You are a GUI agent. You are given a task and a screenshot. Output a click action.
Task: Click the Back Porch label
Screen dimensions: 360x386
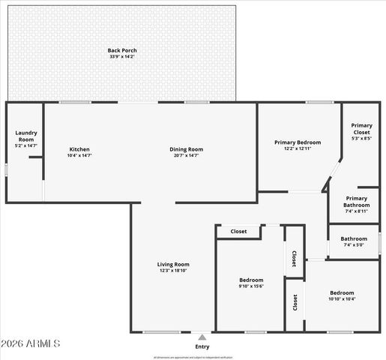coord(122,50)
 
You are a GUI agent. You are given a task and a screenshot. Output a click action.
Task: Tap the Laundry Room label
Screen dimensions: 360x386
coord(26,136)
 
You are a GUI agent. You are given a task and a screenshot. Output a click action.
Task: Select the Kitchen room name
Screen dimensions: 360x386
coord(79,148)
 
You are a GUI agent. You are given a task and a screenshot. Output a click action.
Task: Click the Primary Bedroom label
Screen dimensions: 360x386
coord(297,142)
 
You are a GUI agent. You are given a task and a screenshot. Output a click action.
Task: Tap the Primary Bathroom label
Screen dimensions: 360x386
coord(356,201)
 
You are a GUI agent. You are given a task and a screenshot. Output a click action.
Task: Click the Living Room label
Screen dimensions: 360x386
coord(172,264)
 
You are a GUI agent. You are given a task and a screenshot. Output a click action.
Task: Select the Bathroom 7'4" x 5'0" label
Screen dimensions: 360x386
coord(355,238)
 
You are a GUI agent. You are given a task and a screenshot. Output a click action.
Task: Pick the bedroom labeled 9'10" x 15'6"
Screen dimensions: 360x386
coord(251,279)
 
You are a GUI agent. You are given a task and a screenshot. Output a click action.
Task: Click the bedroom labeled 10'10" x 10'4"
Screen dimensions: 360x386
coord(342,292)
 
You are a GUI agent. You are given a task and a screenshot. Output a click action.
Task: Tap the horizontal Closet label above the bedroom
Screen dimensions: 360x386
coord(238,232)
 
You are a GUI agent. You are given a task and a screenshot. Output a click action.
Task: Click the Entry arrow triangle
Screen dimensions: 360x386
coord(202,337)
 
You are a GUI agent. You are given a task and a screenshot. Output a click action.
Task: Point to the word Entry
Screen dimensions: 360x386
coord(202,346)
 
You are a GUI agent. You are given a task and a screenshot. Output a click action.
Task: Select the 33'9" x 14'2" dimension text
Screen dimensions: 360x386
coord(122,56)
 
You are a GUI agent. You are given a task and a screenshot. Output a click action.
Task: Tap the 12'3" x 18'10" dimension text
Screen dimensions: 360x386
coord(172,271)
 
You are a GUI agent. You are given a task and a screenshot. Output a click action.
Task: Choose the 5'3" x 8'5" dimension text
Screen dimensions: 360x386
coord(362,138)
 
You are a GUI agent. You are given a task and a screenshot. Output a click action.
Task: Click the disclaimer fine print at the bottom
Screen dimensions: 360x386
coord(193,357)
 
